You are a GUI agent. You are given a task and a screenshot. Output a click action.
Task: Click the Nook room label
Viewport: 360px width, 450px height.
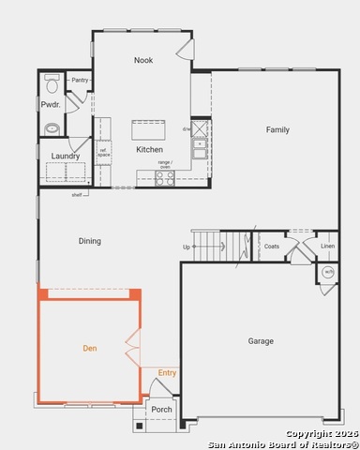(x=143, y=60)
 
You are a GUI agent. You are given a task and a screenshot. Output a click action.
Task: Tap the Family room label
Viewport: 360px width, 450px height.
(x=277, y=129)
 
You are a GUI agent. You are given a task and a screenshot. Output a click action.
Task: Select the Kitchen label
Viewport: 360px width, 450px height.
(x=149, y=149)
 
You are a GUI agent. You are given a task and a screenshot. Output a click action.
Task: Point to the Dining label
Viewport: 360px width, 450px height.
(x=89, y=241)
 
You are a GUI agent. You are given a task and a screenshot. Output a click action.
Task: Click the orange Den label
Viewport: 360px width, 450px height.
(x=90, y=348)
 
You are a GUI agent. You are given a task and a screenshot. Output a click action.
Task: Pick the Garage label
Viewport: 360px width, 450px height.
(x=261, y=341)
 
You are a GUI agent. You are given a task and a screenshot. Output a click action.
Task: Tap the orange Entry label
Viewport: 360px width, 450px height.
(x=167, y=373)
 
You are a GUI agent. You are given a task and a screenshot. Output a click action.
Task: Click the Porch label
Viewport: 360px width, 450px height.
(x=162, y=409)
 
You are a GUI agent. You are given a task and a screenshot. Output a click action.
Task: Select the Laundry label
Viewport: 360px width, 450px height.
(x=65, y=156)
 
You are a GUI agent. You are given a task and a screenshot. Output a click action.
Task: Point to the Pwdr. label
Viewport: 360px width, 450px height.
(x=51, y=104)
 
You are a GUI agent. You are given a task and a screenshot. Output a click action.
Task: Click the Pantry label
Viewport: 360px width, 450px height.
(x=80, y=81)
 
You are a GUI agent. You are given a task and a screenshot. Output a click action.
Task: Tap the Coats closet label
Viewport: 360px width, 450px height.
(x=272, y=247)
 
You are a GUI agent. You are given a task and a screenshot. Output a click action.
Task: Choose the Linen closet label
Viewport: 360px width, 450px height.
(x=327, y=247)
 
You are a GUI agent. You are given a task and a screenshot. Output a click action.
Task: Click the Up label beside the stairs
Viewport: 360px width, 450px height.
(x=187, y=247)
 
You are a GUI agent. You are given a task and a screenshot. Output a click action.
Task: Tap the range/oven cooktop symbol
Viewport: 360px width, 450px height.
(x=164, y=176)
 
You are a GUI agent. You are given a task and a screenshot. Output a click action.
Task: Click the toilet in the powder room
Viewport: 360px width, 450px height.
(x=52, y=82)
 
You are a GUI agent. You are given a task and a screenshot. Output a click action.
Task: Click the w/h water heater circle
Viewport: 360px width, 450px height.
(x=328, y=272)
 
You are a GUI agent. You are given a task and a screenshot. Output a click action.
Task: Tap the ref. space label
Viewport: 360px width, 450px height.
(x=103, y=153)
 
